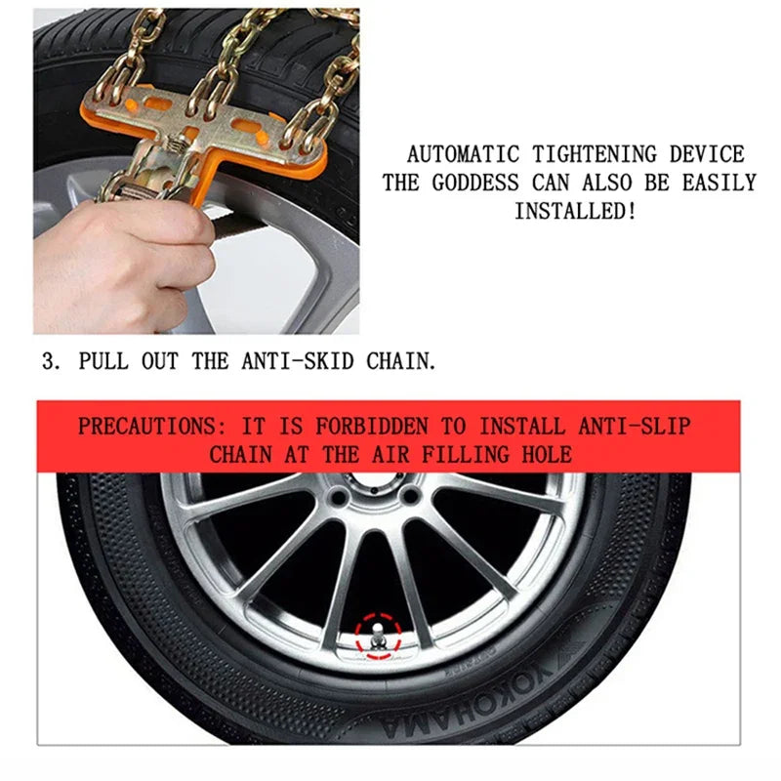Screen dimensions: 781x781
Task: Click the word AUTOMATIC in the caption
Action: pyautogui.click(x=464, y=154)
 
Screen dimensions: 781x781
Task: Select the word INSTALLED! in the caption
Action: pyautogui.click(x=575, y=211)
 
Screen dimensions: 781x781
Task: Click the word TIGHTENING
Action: pyautogui.click(x=595, y=154)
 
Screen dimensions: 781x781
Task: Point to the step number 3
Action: pyautogui.click(x=48, y=361)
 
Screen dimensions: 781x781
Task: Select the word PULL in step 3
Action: pyautogui.click(x=102, y=361)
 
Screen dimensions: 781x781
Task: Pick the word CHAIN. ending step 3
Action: pyautogui.click(x=400, y=361)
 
